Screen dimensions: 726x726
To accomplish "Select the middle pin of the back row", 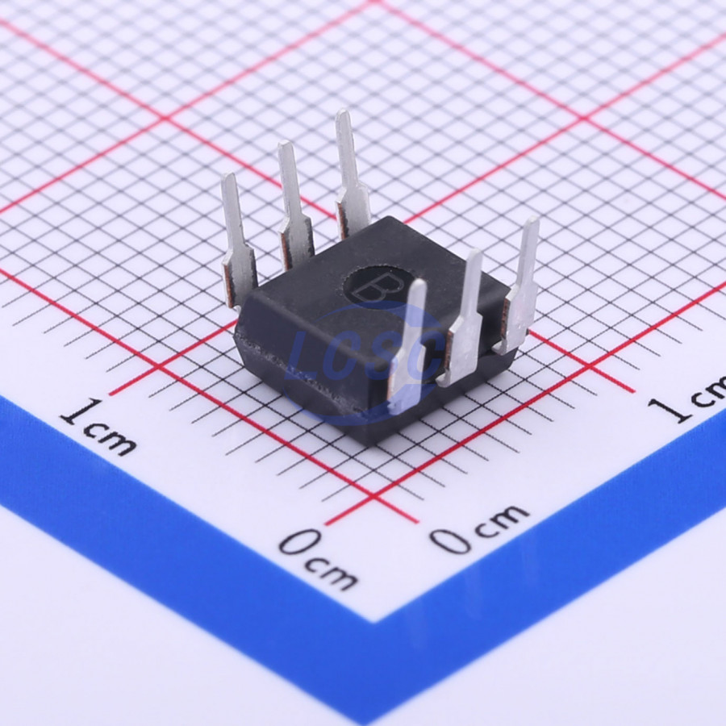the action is (x=294, y=206).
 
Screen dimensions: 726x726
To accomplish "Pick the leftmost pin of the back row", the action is (x=239, y=239).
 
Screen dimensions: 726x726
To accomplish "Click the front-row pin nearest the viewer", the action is (x=407, y=346).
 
